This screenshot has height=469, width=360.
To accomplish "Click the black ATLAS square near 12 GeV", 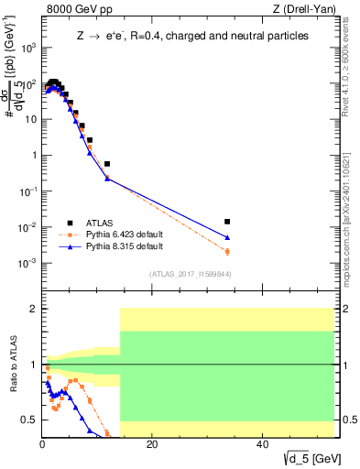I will [x=107, y=164].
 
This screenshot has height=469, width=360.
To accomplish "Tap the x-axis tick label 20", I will [x=152, y=444].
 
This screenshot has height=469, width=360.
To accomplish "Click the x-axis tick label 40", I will [x=262, y=444].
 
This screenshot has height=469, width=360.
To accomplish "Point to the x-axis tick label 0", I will [x=43, y=444].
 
